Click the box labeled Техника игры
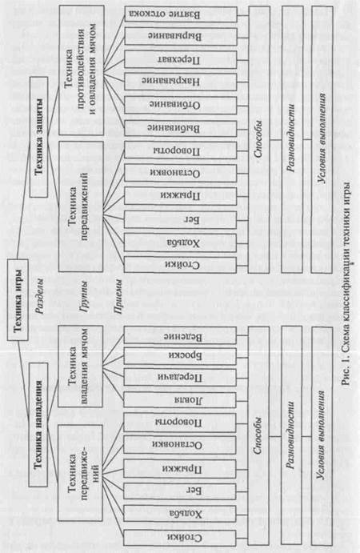tap(18, 300)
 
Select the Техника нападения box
tap(38, 424)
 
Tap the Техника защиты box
tap(39, 137)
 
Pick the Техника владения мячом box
tap(81, 367)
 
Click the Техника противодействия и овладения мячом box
tap(81, 70)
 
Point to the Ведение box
tap(180, 335)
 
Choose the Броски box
tap(180, 356)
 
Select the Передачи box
tap(180, 378)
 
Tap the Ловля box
tap(180, 400)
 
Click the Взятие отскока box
tap(181, 14)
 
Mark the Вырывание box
tap(181, 36)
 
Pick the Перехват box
tap(181, 59)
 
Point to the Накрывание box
tap(181, 82)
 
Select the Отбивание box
tap(181, 105)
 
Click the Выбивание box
tap(181, 128)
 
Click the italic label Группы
tap(84, 297)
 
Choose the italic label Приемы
tap(119, 297)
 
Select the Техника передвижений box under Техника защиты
tap(81, 206)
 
